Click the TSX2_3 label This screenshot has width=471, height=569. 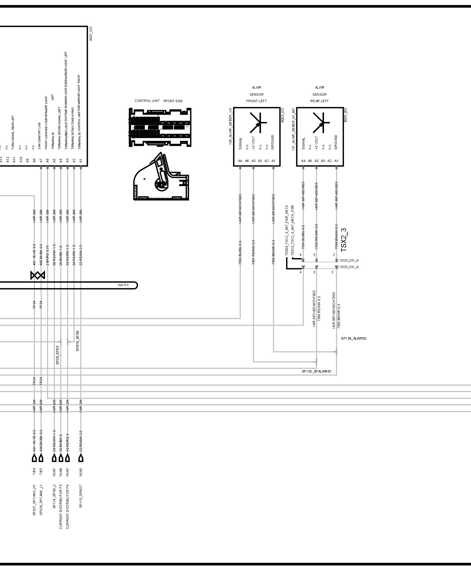(x=344, y=240)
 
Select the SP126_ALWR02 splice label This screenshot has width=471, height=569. (x=353, y=338)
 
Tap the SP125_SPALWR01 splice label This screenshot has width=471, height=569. (x=316, y=371)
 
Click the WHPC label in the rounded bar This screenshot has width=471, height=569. (x=123, y=285)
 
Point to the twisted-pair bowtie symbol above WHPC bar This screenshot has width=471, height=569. (x=38, y=275)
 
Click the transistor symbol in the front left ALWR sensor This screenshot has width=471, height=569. (x=258, y=123)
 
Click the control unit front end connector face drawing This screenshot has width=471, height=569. (x=160, y=127)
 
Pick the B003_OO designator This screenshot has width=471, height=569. (x=282, y=115)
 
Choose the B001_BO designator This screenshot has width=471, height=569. (x=346, y=115)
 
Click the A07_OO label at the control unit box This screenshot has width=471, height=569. (x=91, y=34)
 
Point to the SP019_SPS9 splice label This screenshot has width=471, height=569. (x=77, y=341)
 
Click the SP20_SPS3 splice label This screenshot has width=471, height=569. (x=57, y=355)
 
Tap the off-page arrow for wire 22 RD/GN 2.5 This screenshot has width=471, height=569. (x=81, y=458)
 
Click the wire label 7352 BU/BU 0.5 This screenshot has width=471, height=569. (x=240, y=252)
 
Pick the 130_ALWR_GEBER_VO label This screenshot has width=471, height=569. (x=230, y=126)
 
